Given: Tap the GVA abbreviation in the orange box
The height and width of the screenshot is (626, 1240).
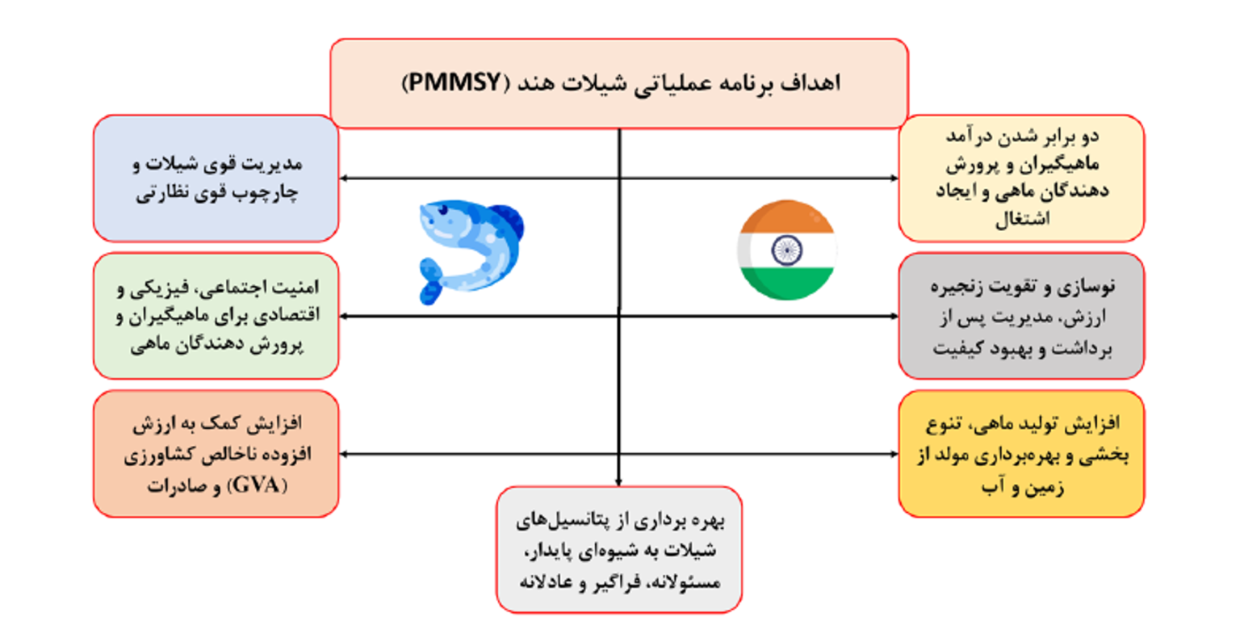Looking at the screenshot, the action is click(256, 485).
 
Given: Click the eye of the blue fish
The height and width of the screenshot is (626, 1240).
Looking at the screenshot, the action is click(443, 210).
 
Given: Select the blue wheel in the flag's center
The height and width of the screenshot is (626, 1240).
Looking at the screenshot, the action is click(786, 250).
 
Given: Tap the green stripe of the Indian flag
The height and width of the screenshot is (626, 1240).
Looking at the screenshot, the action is click(786, 284).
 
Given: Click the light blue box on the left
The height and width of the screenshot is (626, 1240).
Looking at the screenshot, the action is click(216, 179).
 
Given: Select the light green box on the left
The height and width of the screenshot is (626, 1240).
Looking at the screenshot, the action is click(216, 316).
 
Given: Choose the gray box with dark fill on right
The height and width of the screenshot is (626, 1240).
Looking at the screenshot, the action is click(1021, 316).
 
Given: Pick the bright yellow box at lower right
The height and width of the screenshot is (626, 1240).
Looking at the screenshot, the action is click(1021, 454).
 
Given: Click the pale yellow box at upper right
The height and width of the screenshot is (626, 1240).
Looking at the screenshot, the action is click(1021, 179).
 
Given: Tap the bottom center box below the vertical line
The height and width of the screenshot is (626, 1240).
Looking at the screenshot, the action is click(619, 549).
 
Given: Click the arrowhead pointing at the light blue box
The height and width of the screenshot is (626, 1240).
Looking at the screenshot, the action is click(343, 179).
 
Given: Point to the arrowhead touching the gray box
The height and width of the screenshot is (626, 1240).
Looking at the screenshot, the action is click(894, 316).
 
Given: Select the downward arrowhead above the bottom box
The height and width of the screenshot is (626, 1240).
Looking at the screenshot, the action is click(619, 482).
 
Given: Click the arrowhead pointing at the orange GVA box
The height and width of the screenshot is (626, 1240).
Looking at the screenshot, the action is click(343, 454).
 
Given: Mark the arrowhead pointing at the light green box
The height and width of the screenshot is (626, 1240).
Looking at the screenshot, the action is click(343, 316).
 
